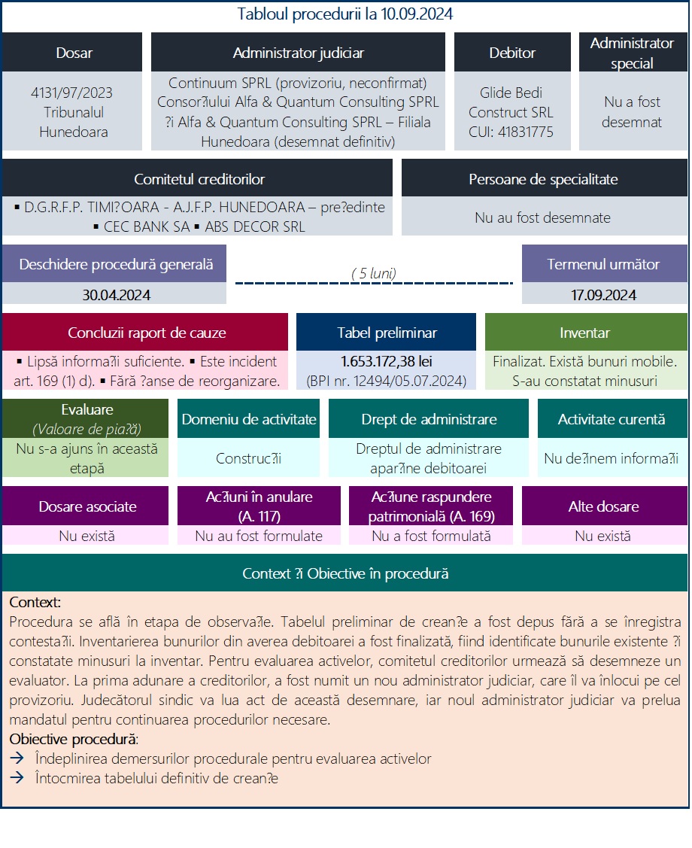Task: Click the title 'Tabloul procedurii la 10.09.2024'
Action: pyautogui.click(x=345, y=14)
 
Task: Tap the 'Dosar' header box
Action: pyautogui.click(x=74, y=53)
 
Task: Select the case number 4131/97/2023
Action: pyautogui.click(x=72, y=93)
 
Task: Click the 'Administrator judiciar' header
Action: pyautogui.click(x=298, y=53)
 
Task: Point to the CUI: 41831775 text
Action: pyautogui.click(x=511, y=132)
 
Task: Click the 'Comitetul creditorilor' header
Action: pyautogui.click(x=199, y=179)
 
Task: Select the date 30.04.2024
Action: pyautogui.click(x=116, y=295)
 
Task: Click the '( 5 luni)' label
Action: pyautogui.click(x=374, y=273)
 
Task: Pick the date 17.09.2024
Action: pyautogui.click(x=603, y=295)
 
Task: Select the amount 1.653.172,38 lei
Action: pyautogui.click(x=387, y=361)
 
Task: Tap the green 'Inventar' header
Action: pyautogui.click(x=584, y=333)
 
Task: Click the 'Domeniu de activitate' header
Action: pyautogui.click(x=249, y=420)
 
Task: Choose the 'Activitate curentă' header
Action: pyautogui.click(x=612, y=420)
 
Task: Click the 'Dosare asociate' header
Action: pyautogui.click(x=87, y=506)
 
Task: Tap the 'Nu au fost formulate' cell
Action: pyautogui.click(x=258, y=536)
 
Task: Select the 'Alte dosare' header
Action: pyautogui.click(x=603, y=506)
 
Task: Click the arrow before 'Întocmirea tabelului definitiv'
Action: pyautogui.click(x=17, y=779)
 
